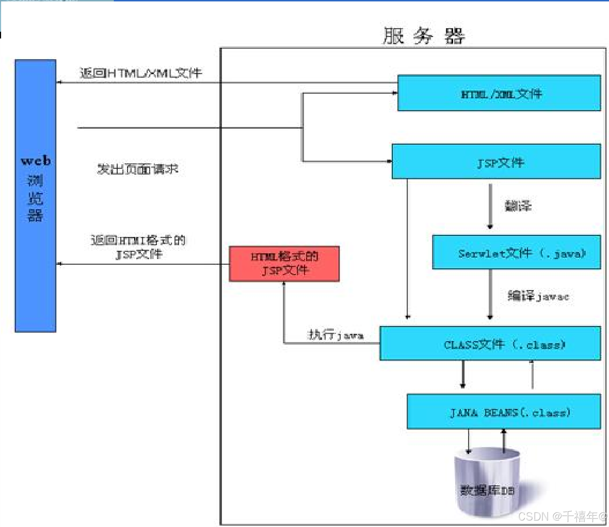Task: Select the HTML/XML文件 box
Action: [x=499, y=93]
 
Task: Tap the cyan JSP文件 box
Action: [x=496, y=162]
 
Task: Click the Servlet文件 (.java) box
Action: [x=516, y=252]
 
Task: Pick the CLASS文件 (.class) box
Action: [x=490, y=343]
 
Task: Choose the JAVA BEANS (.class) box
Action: [x=503, y=412]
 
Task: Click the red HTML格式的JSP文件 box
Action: [x=284, y=264]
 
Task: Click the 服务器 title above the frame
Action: [x=424, y=36]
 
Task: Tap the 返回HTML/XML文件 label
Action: [x=141, y=73]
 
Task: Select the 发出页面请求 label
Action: [x=137, y=169]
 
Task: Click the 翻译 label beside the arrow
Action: [x=518, y=206]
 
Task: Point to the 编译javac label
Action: [x=538, y=296]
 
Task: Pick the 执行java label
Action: [x=335, y=335]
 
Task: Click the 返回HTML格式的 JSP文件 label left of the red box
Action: [x=138, y=247]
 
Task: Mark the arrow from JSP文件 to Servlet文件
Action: [x=490, y=207]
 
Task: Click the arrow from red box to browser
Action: [x=143, y=264]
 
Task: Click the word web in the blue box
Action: [x=36, y=161]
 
